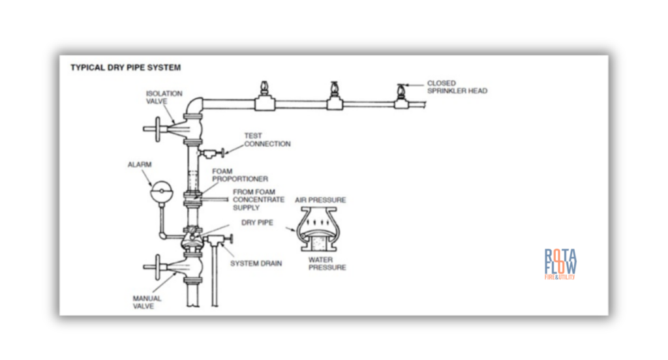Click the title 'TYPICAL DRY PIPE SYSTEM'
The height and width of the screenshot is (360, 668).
pyautogui.click(x=125, y=67)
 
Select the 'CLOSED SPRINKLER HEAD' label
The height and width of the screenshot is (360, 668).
pyautogui.click(x=457, y=87)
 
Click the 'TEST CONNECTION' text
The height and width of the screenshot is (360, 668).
pyautogui.click(x=267, y=140)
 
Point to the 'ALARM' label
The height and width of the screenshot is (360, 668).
pyautogui.click(x=140, y=165)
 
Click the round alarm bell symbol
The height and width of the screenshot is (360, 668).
pyautogui.click(x=159, y=193)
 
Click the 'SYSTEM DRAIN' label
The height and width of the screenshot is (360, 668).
pyautogui.click(x=256, y=263)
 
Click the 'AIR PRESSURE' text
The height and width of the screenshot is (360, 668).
pyautogui.click(x=320, y=200)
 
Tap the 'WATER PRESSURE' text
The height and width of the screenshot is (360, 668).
pyautogui.click(x=327, y=263)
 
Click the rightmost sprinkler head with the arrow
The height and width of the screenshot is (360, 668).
pyautogui.click(x=399, y=93)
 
